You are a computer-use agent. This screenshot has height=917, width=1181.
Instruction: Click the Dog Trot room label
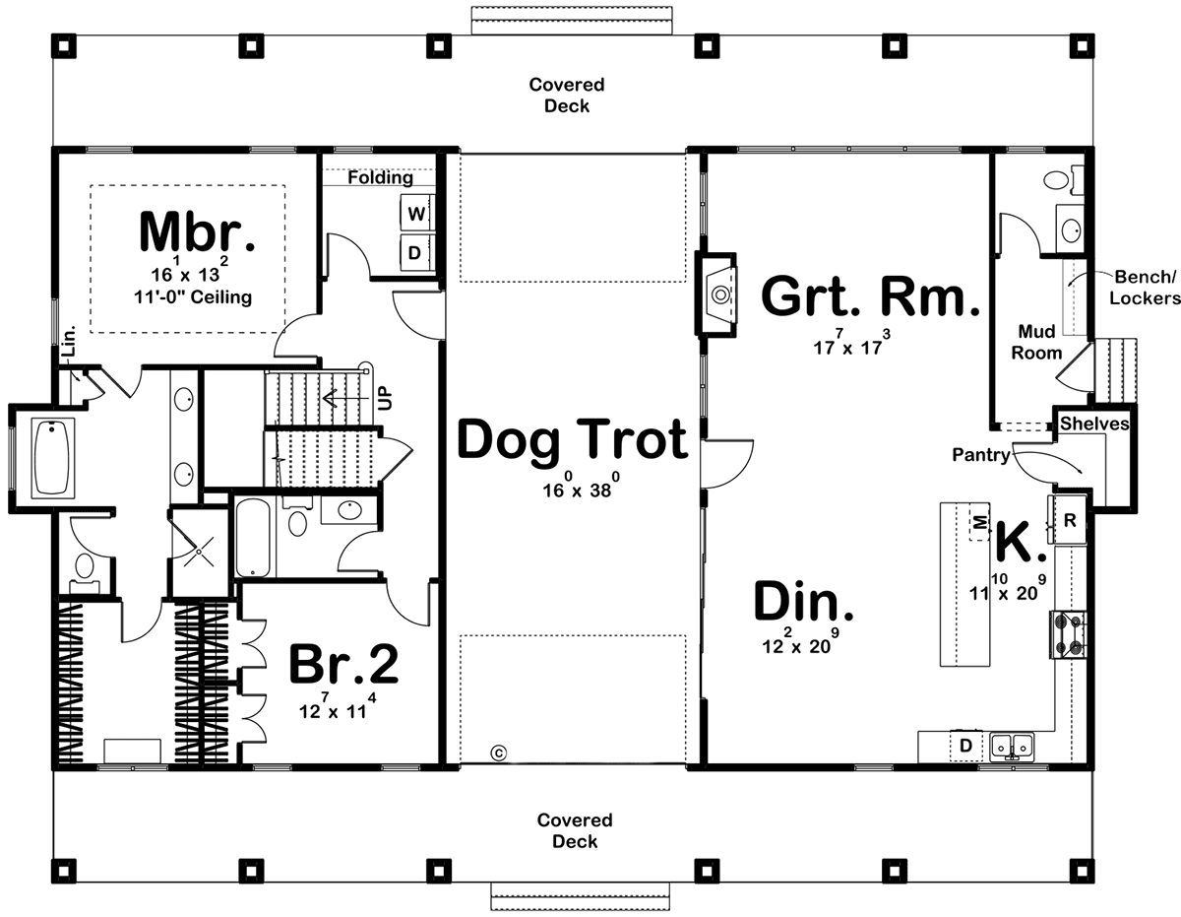tap(573, 439)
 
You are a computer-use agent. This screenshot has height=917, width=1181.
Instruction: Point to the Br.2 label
tap(343, 667)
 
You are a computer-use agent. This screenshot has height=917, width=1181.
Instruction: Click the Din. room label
tap(803, 603)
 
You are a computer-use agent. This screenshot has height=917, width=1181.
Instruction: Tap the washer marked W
tap(414, 214)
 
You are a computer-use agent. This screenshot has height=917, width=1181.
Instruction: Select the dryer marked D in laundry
tap(414, 253)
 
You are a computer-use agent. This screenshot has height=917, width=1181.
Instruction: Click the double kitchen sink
tap(1011, 746)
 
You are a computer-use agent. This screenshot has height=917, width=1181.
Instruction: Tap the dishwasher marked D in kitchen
tap(965, 746)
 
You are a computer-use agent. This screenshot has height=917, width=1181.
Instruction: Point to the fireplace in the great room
tap(719, 294)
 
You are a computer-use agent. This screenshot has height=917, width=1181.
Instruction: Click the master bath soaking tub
tap(53, 457)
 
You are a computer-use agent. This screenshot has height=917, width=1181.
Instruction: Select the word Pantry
tap(980, 455)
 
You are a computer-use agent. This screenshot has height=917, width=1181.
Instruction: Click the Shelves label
tap(1093, 424)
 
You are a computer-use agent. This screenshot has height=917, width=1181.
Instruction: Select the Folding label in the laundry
tap(380, 178)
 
